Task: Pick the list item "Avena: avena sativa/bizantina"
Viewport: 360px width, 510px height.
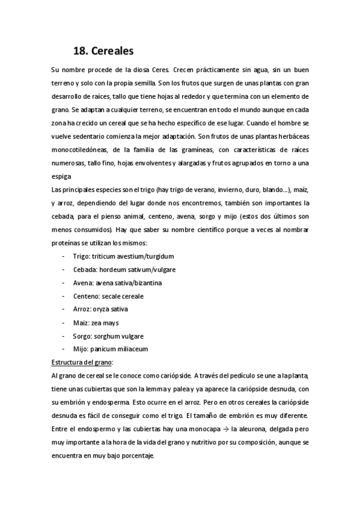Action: [118, 283]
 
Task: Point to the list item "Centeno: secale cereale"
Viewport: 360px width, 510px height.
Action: [109, 296]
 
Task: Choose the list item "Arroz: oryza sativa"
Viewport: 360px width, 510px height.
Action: [102, 309]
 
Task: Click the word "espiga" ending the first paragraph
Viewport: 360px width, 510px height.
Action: [61, 176]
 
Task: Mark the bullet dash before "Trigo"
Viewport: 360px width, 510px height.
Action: [64, 256]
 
